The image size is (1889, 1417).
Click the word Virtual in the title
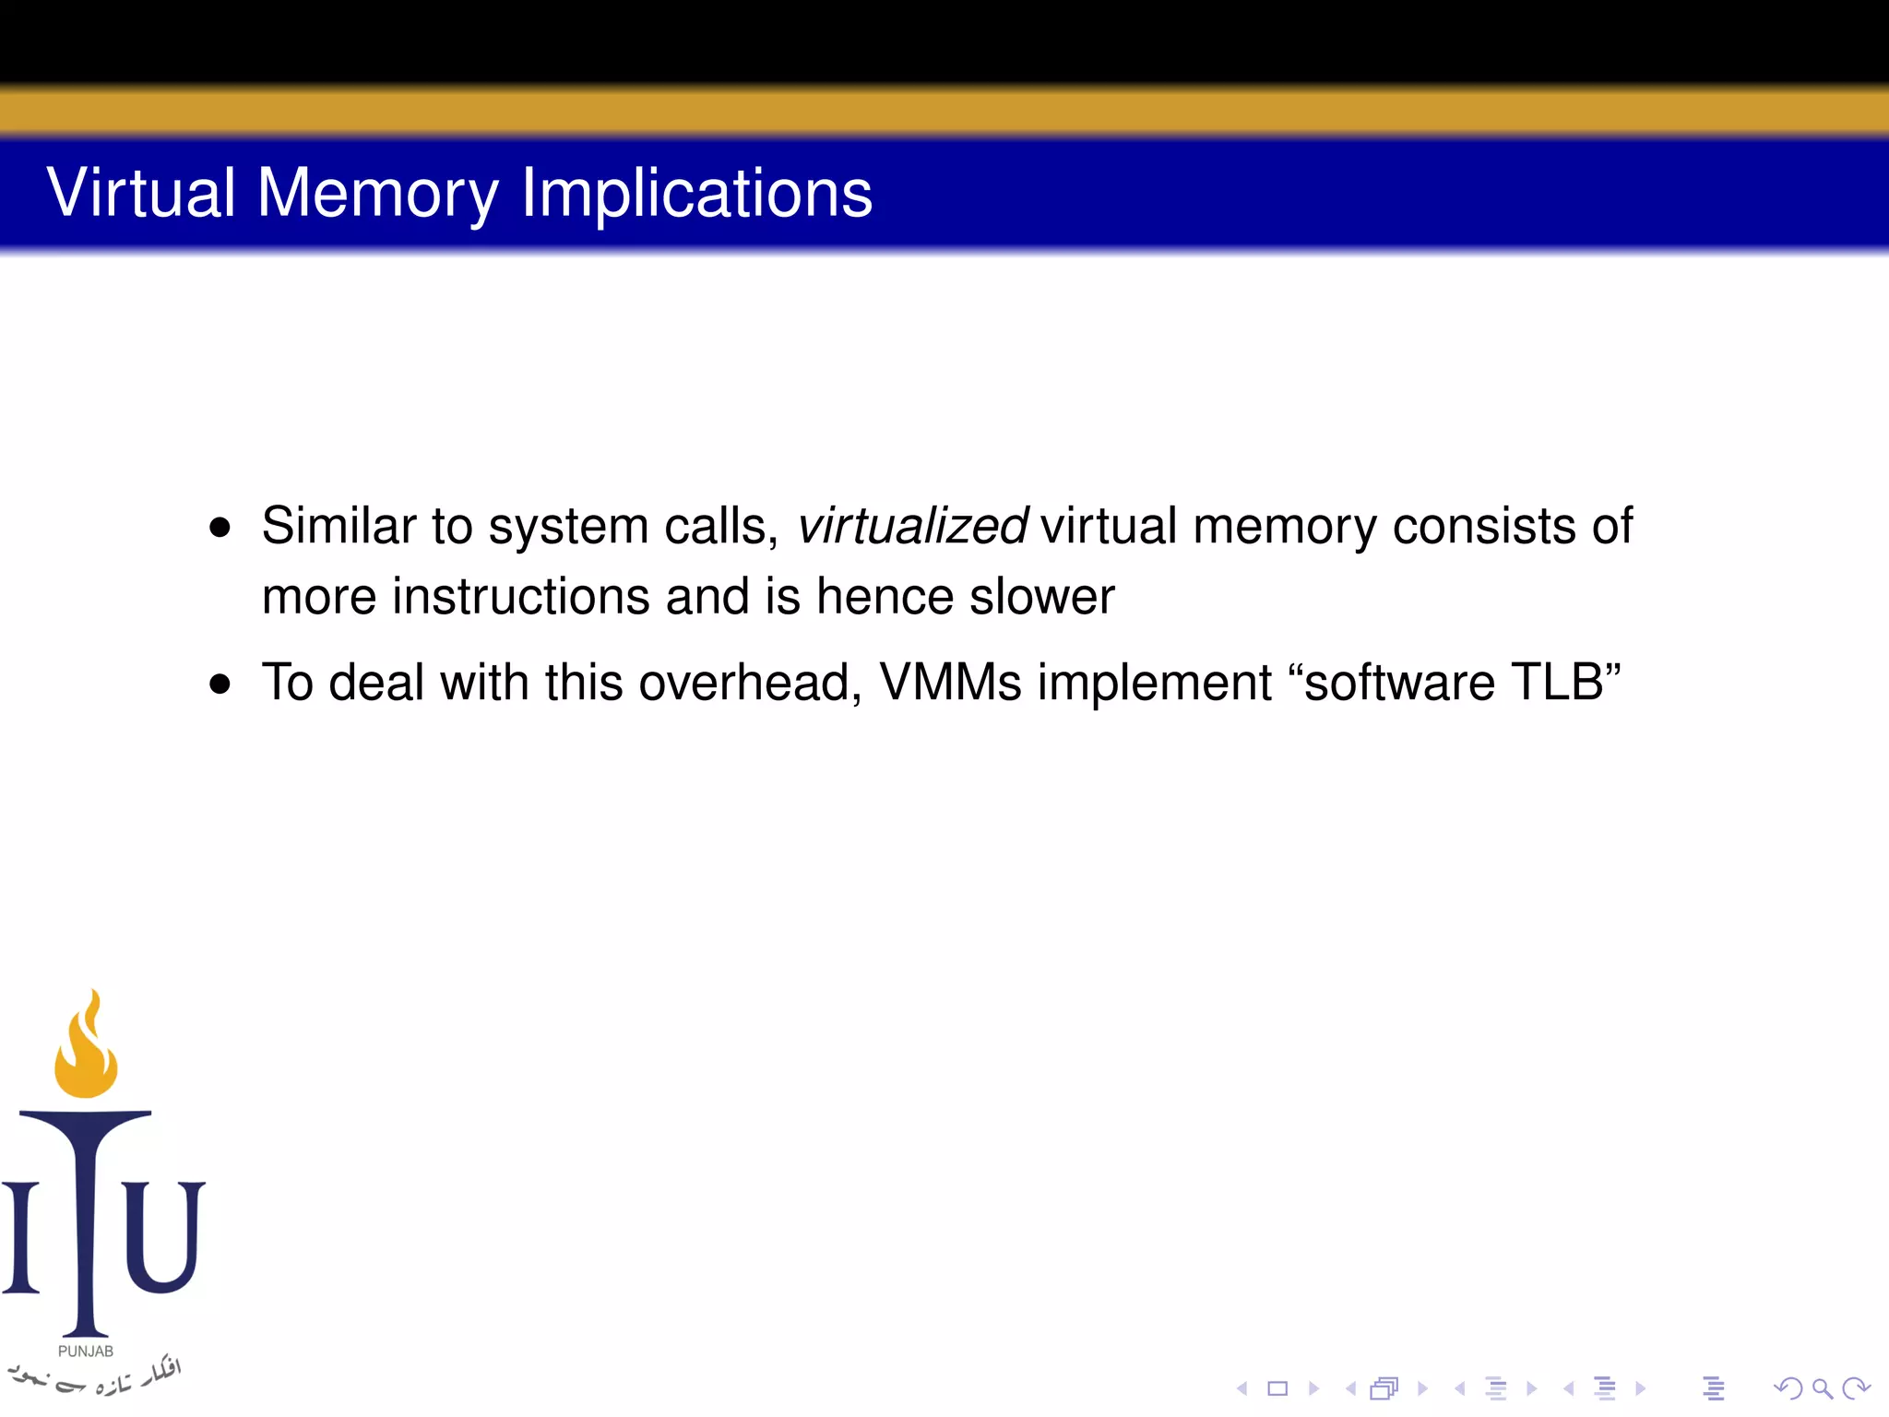(141, 193)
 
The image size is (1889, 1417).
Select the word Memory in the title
(377, 195)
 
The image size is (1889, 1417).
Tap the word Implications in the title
(696, 195)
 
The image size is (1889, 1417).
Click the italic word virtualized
(911, 527)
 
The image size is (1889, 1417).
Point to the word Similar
(339, 527)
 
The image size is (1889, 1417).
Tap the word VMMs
(950, 684)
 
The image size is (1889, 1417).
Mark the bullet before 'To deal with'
(220, 685)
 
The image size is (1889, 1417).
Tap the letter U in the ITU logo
(164, 1236)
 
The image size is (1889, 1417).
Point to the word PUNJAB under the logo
(86, 1352)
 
